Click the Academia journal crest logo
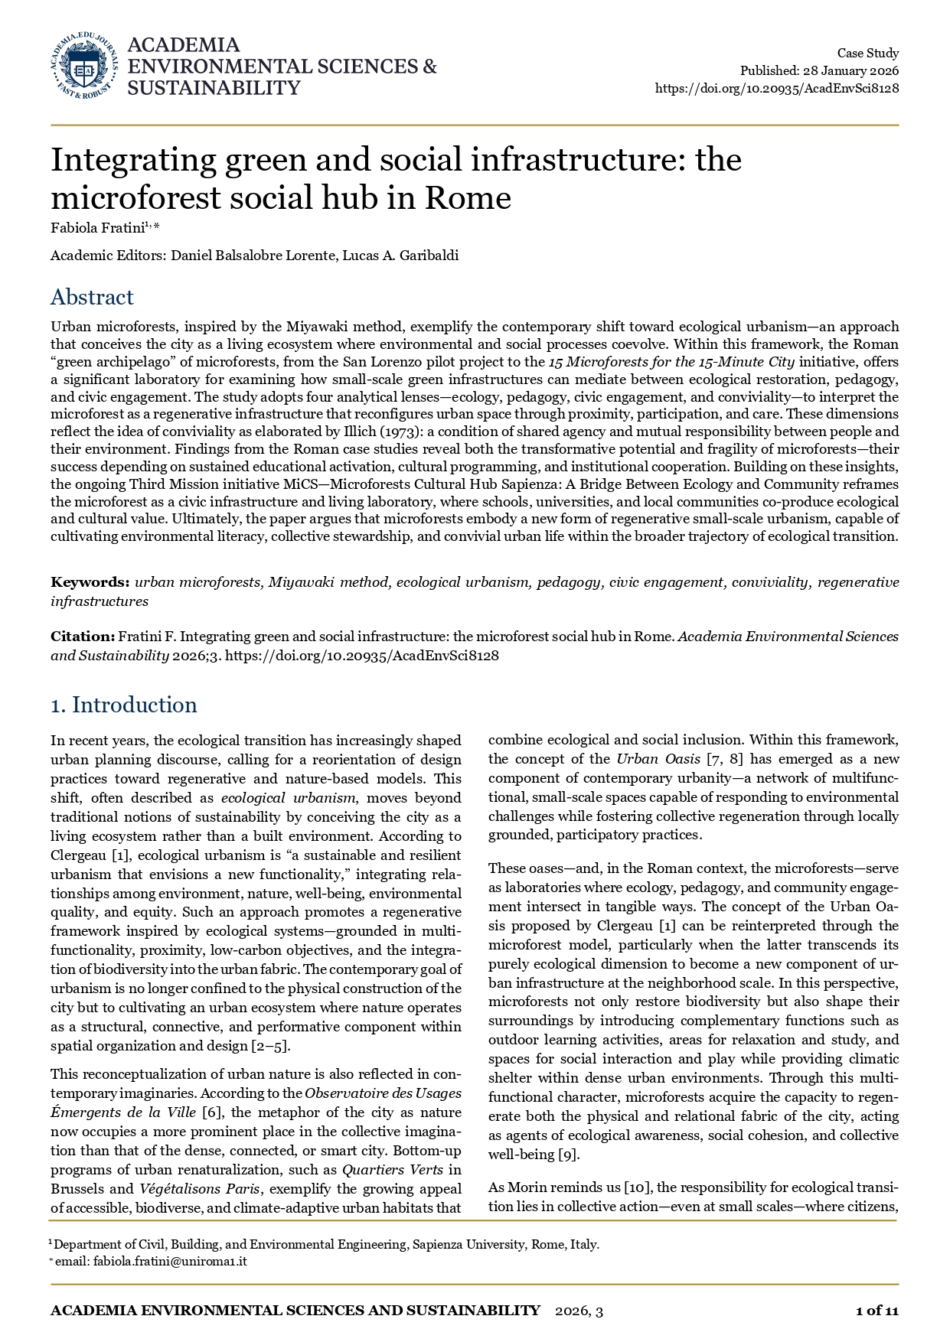pyautogui.click(x=84, y=66)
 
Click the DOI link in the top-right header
pyautogui.click(x=776, y=88)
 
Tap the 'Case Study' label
pyautogui.click(x=867, y=53)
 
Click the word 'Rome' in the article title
pyautogui.click(x=468, y=198)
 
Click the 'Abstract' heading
pyautogui.click(x=92, y=297)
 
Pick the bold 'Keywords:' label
pyautogui.click(x=90, y=582)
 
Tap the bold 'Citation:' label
pyautogui.click(x=83, y=637)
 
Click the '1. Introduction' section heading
pyautogui.click(x=124, y=705)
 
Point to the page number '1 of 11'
pyautogui.click(x=877, y=1311)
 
